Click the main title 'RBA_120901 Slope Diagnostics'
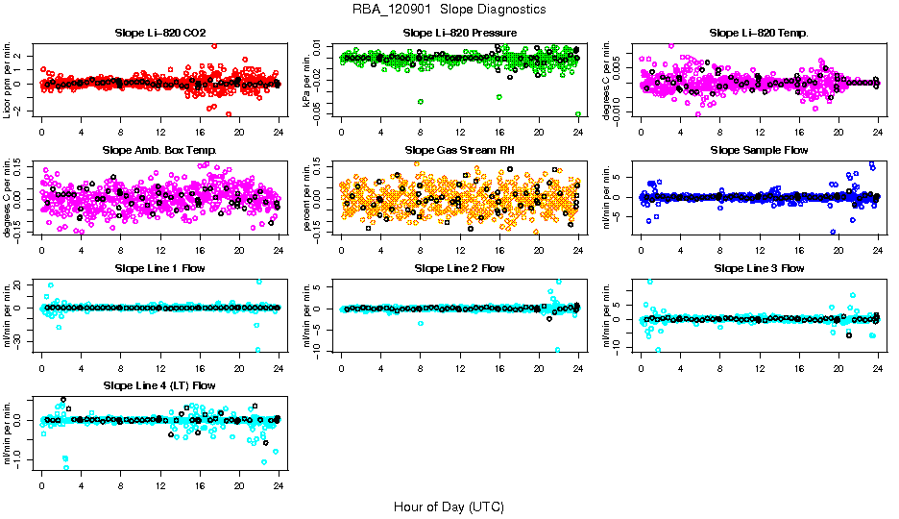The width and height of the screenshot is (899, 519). [x=449, y=9]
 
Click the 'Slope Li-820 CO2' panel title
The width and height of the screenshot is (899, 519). [x=159, y=33]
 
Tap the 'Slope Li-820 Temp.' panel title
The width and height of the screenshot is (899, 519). [x=759, y=33]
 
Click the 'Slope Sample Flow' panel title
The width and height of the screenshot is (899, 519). [x=759, y=150]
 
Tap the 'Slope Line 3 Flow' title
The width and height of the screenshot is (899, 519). [x=759, y=267]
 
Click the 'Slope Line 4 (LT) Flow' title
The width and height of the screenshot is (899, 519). [x=159, y=385]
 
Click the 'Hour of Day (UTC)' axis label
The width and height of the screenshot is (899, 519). [x=449, y=506]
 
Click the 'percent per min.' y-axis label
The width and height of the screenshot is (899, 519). [x=308, y=197]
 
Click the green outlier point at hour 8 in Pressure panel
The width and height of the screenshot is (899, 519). [x=421, y=101]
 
